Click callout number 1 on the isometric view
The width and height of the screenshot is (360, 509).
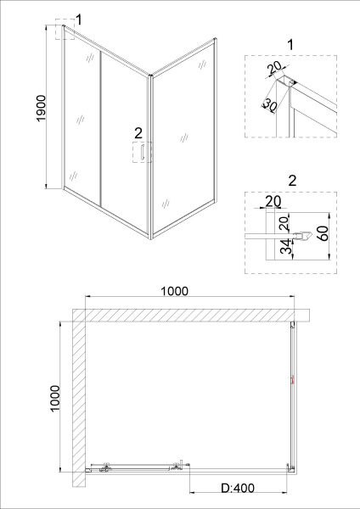[79, 20]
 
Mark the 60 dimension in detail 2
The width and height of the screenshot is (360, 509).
[324, 232]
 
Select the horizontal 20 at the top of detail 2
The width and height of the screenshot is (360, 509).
[272, 201]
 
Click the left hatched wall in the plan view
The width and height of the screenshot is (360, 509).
[78, 399]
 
